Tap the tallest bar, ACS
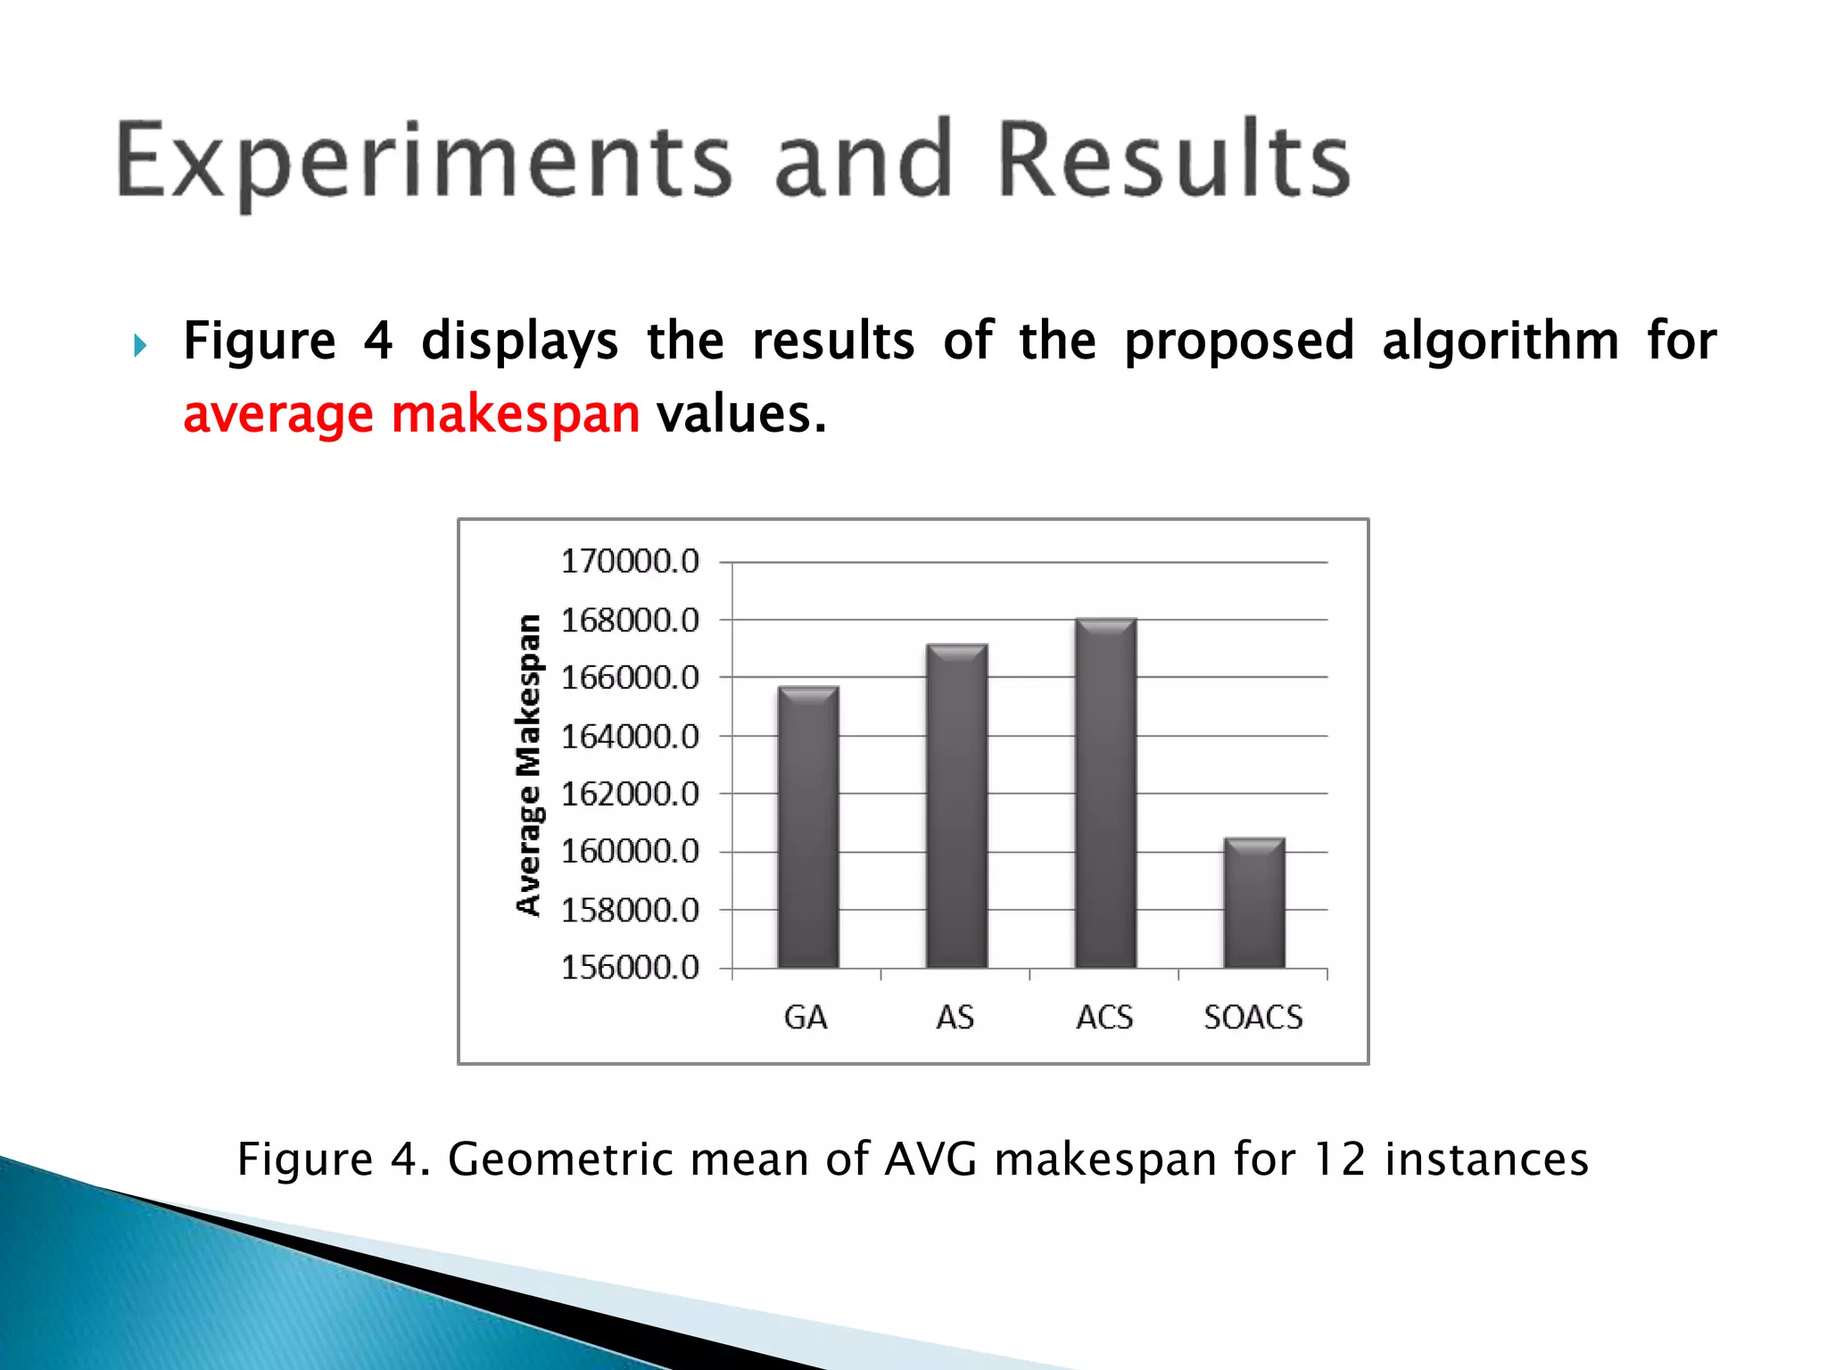[1106, 793]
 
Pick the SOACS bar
[1254, 903]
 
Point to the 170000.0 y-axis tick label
[630, 562]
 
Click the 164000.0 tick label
[630, 737]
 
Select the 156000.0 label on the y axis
[630, 968]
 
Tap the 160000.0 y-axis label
[630, 852]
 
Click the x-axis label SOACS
[1253, 1018]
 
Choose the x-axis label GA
[806, 1018]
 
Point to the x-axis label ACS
[1104, 1018]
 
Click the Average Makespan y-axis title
[529, 764]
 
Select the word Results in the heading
[1173, 161]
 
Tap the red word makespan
[516, 415]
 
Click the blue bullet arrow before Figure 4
[140, 345]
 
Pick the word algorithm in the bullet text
[1500, 342]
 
